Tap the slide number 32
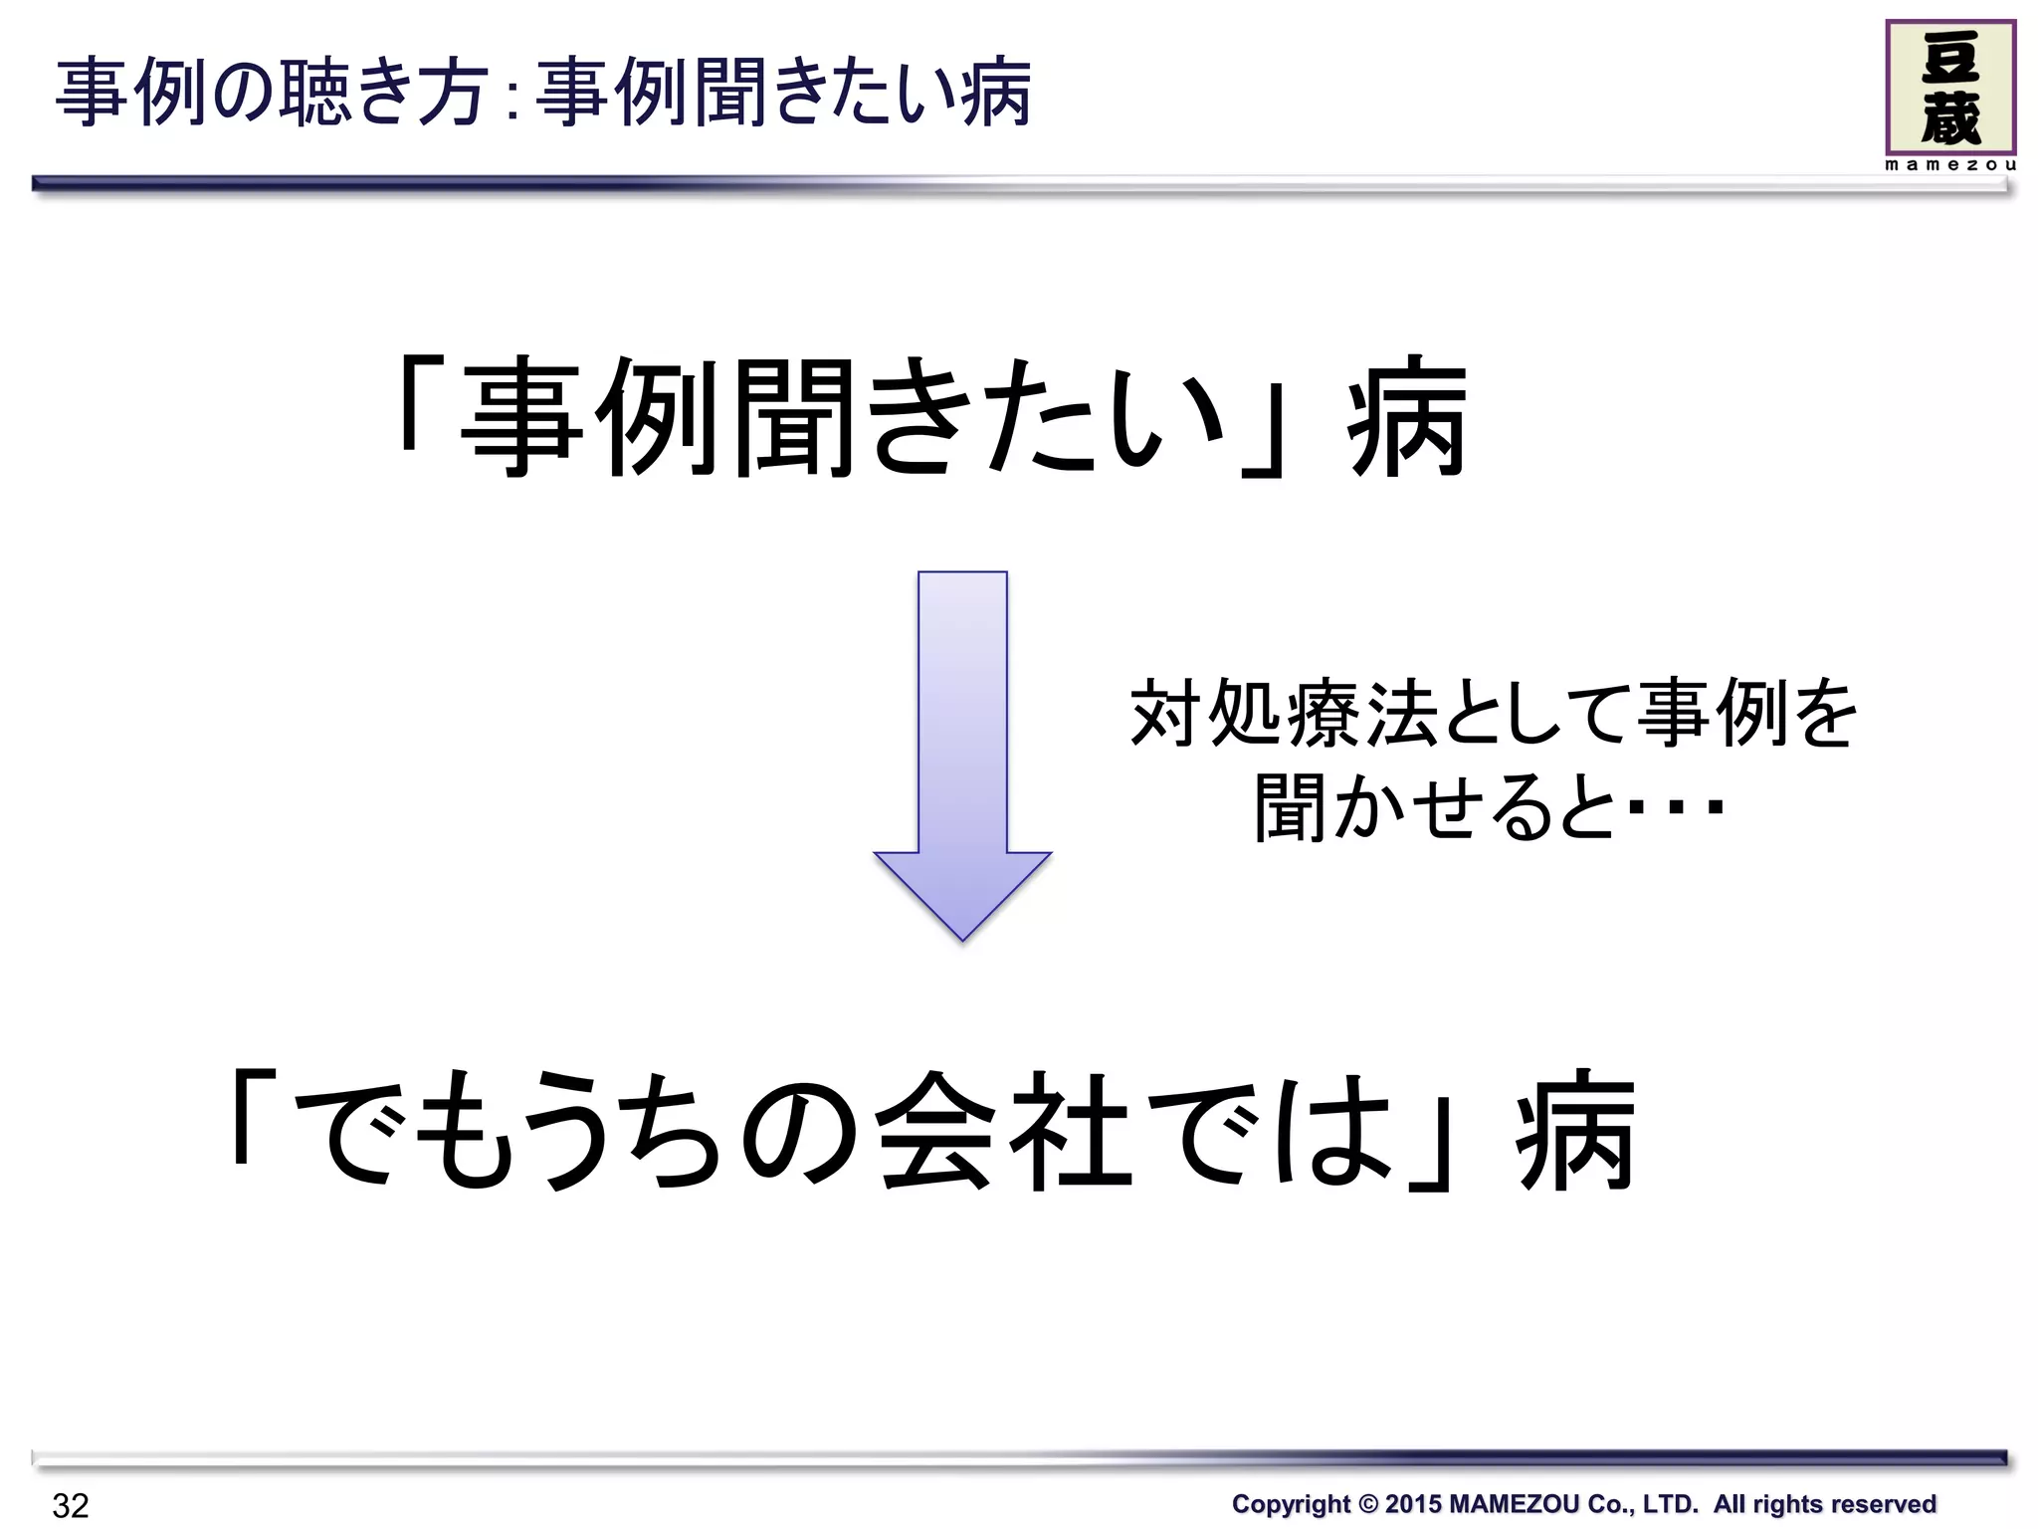[x=71, y=1505]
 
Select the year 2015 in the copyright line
[x=1412, y=1503]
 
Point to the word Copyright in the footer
[x=1290, y=1503]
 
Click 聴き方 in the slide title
[x=384, y=94]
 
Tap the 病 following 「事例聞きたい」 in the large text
[x=1406, y=418]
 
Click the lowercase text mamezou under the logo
[x=1949, y=165]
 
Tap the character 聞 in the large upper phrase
[x=792, y=418]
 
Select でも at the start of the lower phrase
[x=414, y=1130]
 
